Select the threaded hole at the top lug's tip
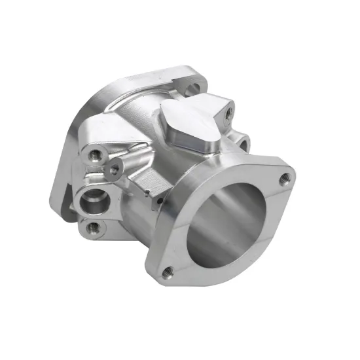coord(227,115)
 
